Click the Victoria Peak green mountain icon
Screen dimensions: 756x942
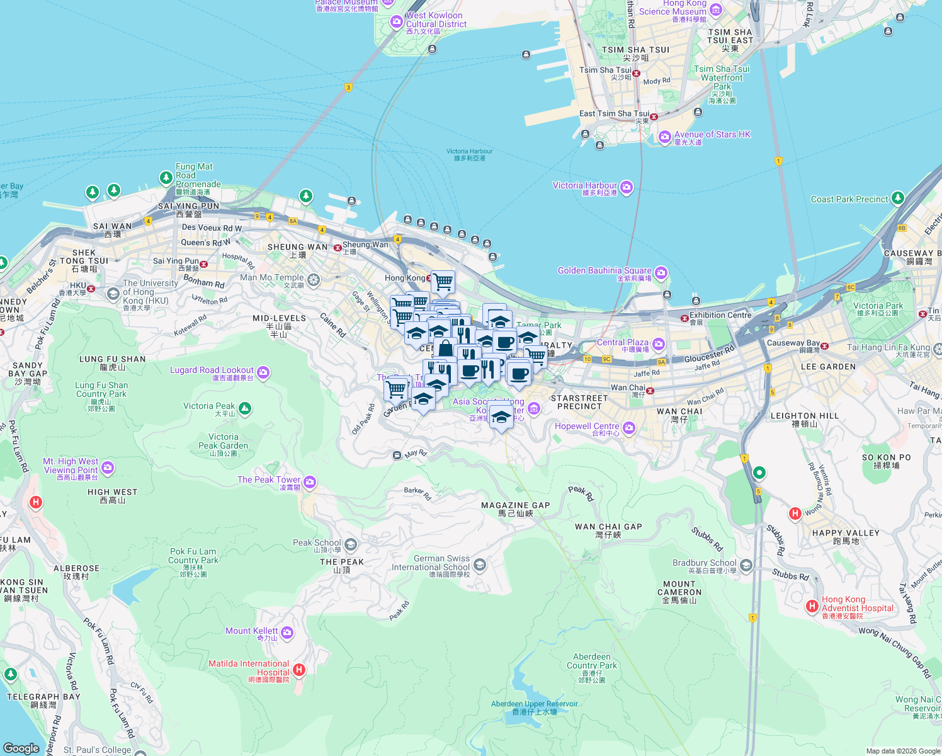click(245, 409)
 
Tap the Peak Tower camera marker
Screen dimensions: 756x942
click(309, 483)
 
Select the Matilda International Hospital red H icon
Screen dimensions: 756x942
click(299, 670)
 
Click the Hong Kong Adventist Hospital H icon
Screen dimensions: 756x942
click(812, 606)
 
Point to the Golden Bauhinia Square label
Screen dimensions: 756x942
click(604, 271)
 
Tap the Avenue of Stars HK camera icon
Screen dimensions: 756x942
click(664, 137)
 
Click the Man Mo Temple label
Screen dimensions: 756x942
click(272, 278)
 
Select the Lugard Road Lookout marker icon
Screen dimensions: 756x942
click(263, 373)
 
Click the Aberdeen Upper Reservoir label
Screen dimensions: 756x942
click(535, 704)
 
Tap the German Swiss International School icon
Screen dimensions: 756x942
click(480, 564)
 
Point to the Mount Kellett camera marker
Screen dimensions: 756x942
click(287, 633)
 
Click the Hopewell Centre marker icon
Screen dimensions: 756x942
click(629, 428)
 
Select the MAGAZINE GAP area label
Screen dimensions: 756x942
click(515, 505)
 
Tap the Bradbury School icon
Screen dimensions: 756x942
click(746, 565)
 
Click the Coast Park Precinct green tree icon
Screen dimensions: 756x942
click(898, 198)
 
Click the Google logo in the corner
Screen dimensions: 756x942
click(21, 748)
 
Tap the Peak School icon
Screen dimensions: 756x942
click(351, 544)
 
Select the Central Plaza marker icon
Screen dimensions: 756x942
click(659, 344)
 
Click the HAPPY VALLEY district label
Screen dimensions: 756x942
click(846, 533)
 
